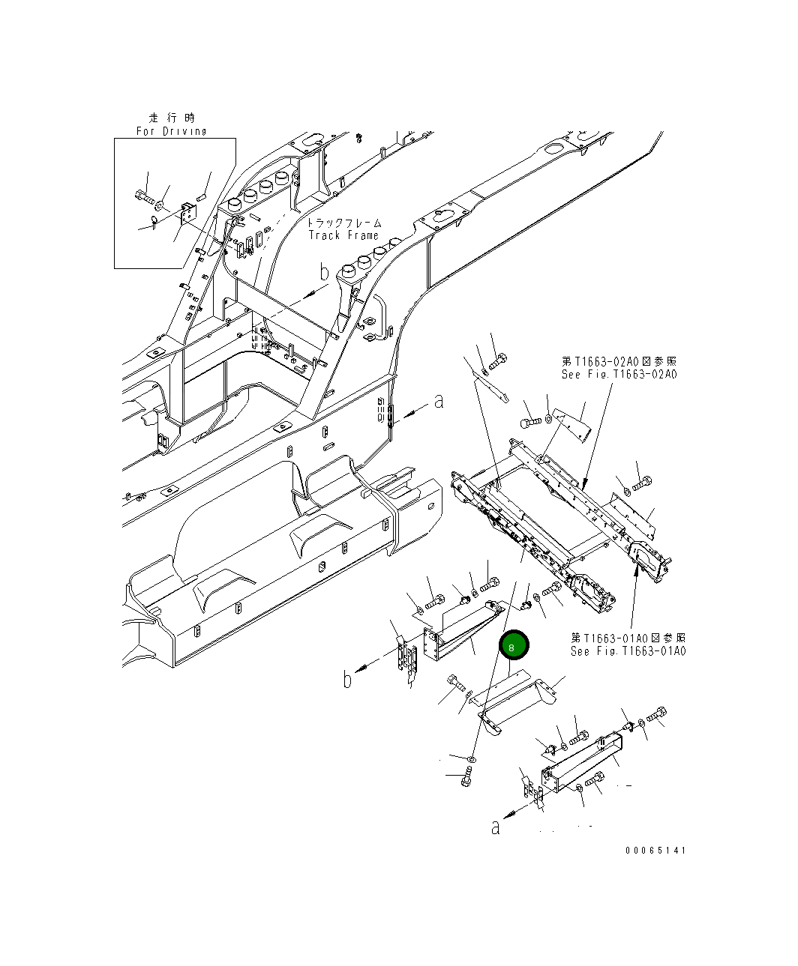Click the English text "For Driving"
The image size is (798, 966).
pyautogui.click(x=171, y=131)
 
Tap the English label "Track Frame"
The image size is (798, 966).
pyautogui.click(x=344, y=235)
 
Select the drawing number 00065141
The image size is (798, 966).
pyautogui.click(x=655, y=851)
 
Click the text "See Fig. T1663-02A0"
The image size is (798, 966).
pyautogui.click(x=619, y=374)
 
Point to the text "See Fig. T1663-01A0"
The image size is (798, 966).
pyautogui.click(x=628, y=650)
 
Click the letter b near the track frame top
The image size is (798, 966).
pyautogui.click(x=324, y=273)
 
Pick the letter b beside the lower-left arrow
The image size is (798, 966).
pyautogui.click(x=347, y=680)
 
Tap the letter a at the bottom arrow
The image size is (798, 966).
pyautogui.click(x=495, y=827)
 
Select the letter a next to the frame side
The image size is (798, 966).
pyautogui.click(x=439, y=402)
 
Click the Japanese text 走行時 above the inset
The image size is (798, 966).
pyautogui.click(x=171, y=118)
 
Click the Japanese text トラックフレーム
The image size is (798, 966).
pyautogui.click(x=345, y=223)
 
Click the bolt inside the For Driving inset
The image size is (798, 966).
pyautogui.click(x=144, y=197)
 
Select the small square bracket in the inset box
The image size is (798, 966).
pyautogui.click(x=187, y=212)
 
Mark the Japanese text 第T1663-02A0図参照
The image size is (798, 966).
pyautogui.click(x=619, y=361)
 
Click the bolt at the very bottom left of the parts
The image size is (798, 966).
pyautogui.click(x=465, y=780)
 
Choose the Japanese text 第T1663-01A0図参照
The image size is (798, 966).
pyautogui.click(x=628, y=638)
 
